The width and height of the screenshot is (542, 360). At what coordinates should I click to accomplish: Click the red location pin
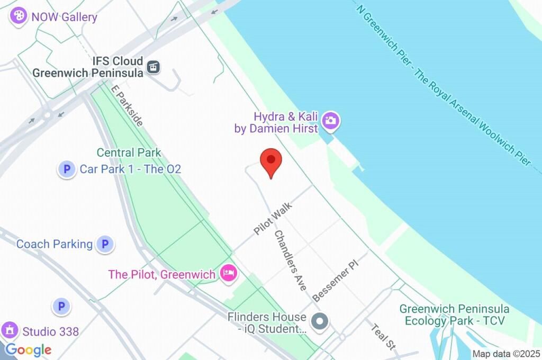pos(271,162)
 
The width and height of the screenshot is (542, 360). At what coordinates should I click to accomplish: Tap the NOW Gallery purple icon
pos(19,16)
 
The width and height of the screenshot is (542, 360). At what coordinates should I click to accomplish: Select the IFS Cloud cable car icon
pos(153,67)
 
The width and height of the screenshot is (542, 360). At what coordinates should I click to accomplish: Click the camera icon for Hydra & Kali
pos(331,121)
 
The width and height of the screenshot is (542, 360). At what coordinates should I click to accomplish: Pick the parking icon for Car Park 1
pos(67,169)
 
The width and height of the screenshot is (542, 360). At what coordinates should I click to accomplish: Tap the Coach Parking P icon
pos(105,244)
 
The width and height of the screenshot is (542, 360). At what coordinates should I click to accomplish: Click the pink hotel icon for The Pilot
pos(229,274)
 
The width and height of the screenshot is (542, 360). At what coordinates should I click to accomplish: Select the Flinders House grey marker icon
pos(320,321)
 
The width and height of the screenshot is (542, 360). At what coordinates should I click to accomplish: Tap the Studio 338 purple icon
pos(10,331)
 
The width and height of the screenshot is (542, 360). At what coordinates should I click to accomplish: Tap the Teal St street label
pos(384,336)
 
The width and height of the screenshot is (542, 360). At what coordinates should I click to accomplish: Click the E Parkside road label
pos(127,105)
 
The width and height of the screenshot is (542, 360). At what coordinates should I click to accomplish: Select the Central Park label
pos(129,153)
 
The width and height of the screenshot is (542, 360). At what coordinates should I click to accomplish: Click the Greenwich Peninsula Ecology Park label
pos(454,314)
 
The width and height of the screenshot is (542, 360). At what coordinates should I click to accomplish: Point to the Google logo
pos(29,350)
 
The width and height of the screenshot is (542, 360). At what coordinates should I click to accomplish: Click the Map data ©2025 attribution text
pos(506,354)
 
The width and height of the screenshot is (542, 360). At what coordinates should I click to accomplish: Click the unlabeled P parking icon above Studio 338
pos(61,306)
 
